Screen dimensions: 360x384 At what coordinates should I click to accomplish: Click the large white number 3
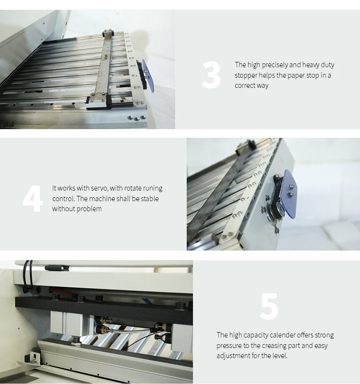click(211, 75)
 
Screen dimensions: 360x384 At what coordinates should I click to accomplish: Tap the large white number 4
click(33, 199)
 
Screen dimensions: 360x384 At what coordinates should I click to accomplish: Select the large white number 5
click(269, 306)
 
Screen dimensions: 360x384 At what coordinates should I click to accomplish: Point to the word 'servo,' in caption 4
click(99, 188)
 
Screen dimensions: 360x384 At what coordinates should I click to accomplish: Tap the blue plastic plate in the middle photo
click(290, 194)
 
